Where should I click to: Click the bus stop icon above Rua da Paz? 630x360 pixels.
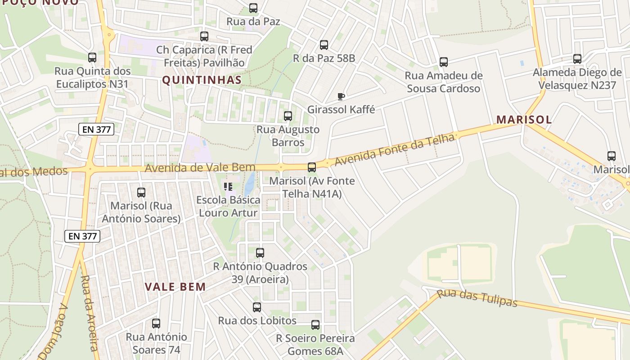(253, 8)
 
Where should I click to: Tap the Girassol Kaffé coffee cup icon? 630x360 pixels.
(341, 96)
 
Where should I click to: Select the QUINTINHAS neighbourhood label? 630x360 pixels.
(202, 80)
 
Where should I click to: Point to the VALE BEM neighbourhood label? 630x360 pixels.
(175, 287)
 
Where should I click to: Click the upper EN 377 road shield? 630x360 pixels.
(96, 130)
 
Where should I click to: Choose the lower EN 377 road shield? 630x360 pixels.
(82, 236)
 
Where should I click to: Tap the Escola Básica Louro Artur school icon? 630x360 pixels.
(228, 186)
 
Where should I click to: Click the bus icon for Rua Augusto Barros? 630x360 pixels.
(288, 116)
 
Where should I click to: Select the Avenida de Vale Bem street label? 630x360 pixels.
(200, 168)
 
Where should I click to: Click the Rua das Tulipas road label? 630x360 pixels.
(477, 298)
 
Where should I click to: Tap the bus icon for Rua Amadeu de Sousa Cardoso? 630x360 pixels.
(444, 62)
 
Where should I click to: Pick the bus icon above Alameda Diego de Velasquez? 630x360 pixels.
(577, 59)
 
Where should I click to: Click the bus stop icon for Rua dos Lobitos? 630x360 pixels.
(257, 307)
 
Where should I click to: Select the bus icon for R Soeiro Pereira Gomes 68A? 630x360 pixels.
(315, 325)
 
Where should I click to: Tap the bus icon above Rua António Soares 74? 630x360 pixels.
(156, 324)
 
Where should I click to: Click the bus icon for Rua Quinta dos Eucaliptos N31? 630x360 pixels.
(92, 58)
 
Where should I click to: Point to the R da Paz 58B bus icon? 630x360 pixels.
(324, 45)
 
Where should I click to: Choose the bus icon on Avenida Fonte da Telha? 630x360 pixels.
(311, 167)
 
